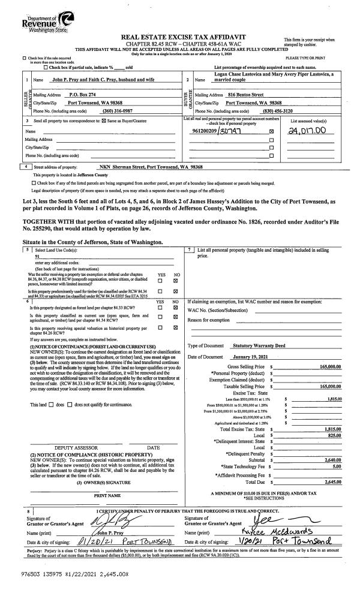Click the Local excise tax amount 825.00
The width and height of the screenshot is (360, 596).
point(334,435)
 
